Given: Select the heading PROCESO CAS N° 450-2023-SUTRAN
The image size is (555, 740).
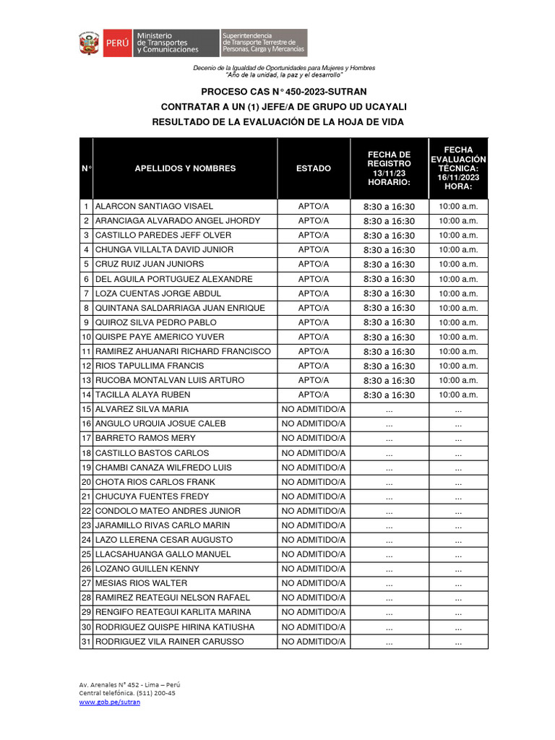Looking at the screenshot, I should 284,92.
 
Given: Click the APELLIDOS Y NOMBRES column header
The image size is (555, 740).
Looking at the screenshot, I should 185,168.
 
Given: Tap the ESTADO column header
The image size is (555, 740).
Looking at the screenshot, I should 314,168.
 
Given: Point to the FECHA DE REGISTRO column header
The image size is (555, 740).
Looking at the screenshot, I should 389,168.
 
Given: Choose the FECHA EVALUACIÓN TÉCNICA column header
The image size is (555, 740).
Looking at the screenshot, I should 458,168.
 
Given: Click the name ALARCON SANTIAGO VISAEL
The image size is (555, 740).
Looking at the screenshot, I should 154,206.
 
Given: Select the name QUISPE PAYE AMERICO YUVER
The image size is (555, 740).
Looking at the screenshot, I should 160,337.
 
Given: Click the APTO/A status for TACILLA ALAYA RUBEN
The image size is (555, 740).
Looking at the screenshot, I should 314,395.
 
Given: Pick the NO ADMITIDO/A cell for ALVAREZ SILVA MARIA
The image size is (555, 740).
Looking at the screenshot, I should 314,409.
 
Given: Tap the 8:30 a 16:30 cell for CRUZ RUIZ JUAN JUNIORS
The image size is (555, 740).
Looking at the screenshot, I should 389,264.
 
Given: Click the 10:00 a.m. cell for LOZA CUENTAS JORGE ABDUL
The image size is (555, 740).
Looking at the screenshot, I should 458,293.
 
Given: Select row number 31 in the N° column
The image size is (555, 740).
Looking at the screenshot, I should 86,642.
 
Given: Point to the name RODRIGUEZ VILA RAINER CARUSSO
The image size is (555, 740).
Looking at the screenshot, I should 169,642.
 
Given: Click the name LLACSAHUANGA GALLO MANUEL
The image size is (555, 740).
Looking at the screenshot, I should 163,554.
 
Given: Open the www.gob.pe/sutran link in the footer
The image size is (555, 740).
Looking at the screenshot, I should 109,702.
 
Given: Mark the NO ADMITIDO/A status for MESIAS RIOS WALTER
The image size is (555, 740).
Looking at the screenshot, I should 314,583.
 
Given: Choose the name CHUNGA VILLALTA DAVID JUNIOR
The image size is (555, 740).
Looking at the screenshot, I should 164,249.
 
